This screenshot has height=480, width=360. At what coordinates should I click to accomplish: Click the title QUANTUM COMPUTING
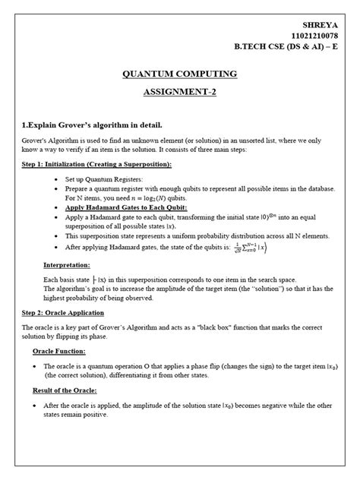point(179,74)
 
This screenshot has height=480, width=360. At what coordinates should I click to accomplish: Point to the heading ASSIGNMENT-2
point(179,93)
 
